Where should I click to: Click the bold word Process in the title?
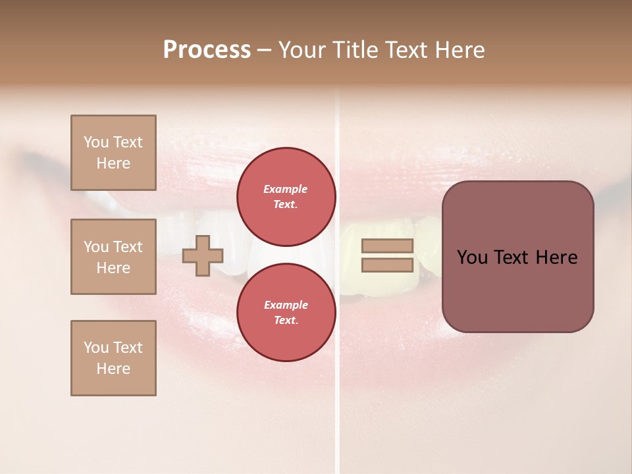[207, 50]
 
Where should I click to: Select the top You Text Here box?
[113, 153]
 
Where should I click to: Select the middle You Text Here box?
[113, 257]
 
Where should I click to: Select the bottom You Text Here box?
[113, 358]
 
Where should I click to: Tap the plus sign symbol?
[202, 255]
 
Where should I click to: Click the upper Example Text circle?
[286, 196]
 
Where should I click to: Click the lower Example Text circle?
[286, 312]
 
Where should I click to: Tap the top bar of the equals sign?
[388, 246]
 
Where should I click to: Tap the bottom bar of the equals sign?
[388, 265]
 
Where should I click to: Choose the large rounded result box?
[517, 257]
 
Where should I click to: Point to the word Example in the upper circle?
[286, 189]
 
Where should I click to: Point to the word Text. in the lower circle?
[286, 320]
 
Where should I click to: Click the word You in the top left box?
[95, 142]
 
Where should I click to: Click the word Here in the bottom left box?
[113, 369]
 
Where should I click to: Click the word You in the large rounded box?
[472, 257]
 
